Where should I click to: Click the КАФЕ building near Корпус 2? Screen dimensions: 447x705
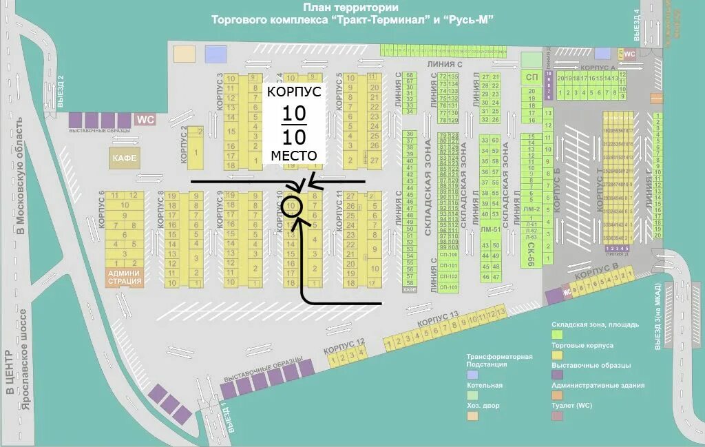click(x=124, y=158)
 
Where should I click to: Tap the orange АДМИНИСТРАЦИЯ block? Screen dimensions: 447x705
click(x=125, y=278)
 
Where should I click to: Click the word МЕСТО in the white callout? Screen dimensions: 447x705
click(x=294, y=156)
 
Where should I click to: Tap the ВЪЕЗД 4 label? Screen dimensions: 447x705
click(x=638, y=23)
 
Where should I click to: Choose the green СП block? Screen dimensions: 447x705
click(x=532, y=78)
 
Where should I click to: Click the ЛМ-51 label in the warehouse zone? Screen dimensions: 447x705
click(x=490, y=230)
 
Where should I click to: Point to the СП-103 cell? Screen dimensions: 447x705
click(x=449, y=287)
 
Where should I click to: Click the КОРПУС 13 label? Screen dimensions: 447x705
click(x=438, y=320)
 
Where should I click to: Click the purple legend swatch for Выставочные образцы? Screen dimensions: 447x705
click(x=557, y=375)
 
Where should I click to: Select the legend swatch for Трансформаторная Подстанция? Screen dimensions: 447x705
click(x=472, y=375)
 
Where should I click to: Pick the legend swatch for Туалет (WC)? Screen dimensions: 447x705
click(x=557, y=415)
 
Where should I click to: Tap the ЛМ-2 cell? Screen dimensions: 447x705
click(x=531, y=209)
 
